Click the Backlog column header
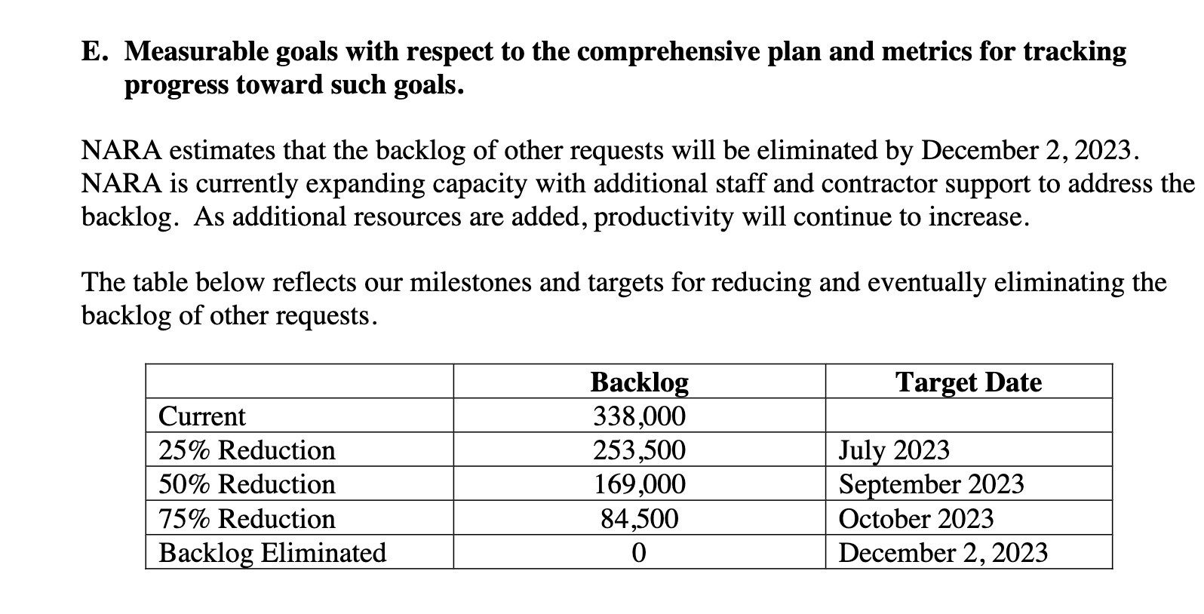pyautogui.click(x=639, y=382)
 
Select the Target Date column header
pyautogui.click(x=968, y=382)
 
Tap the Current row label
pyautogui.click(x=202, y=416)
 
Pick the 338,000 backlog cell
pyautogui.click(x=639, y=416)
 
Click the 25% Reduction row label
pyautogui.click(x=247, y=450)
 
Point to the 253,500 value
pyautogui.click(x=639, y=450)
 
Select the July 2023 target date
pyautogui.click(x=894, y=450)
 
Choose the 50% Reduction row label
pyautogui.click(x=247, y=484)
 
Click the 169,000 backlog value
pyautogui.click(x=639, y=484)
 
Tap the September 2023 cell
pyautogui.click(x=931, y=484)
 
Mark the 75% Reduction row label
pyautogui.click(x=247, y=519)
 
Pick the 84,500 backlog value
pyautogui.click(x=639, y=519)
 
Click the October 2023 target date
pyautogui.click(x=916, y=519)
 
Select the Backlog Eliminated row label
pyautogui.click(x=272, y=553)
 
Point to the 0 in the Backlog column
pyautogui.click(x=639, y=553)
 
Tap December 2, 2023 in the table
pyautogui.click(x=943, y=553)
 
